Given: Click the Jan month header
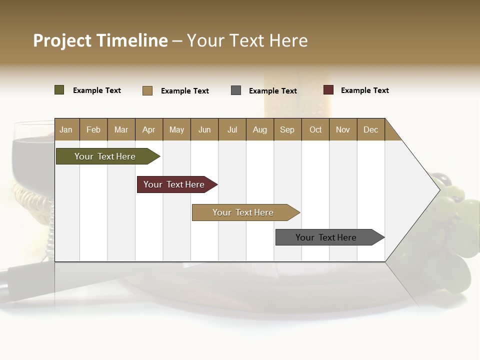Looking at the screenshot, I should click(66, 129).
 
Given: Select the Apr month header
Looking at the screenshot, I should click(148, 129).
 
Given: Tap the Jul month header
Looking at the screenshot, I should click(232, 129).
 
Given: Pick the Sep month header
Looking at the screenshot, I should click(287, 129).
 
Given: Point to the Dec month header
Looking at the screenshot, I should click(370, 129).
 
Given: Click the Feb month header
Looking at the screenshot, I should click(93, 129).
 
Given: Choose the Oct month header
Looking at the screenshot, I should click(315, 129).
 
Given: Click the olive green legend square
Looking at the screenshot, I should click(59, 90).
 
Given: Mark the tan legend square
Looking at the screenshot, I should click(147, 90).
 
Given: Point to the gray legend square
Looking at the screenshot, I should click(236, 90).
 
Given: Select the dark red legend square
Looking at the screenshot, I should click(328, 90).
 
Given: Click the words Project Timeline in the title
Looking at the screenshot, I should click(100, 40).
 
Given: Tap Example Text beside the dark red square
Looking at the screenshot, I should click(364, 90).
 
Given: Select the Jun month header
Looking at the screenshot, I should click(204, 129).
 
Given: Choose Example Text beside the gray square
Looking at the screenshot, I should click(272, 91).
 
